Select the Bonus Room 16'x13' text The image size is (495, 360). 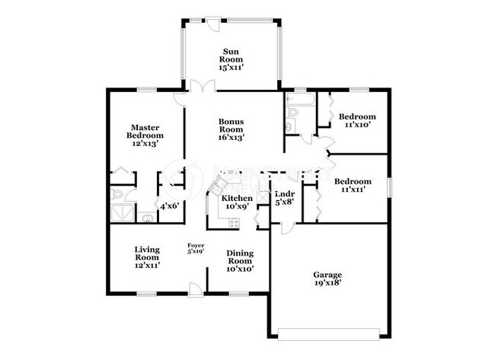click(x=231, y=129)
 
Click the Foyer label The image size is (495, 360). click(x=196, y=248)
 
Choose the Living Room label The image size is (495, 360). click(x=146, y=257)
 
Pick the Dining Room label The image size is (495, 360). click(x=240, y=261)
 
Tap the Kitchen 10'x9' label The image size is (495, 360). click(x=237, y=202)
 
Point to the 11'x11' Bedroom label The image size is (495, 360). click(x=353, y=186)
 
